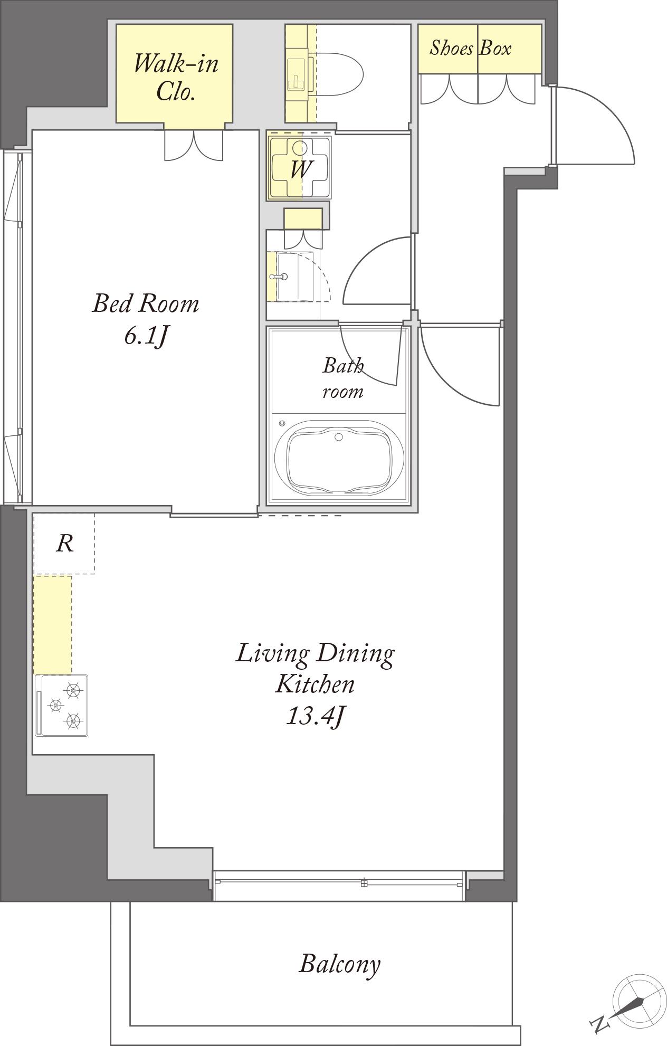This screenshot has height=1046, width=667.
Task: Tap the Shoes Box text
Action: [x=470, y=48]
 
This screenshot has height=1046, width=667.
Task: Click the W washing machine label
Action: [x=300, y=169]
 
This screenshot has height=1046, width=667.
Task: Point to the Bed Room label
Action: [x=146, y=303]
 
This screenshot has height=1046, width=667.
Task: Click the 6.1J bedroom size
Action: [x=146, y=335]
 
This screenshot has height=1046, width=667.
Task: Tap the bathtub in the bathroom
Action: [x=339, y=458]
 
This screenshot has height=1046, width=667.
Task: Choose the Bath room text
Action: [x=343, y=378]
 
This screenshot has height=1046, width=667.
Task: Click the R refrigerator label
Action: [x=64, y=543]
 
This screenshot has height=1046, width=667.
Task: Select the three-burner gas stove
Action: [x=61, y=705]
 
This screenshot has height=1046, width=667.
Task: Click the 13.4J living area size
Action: [x=316, y=716]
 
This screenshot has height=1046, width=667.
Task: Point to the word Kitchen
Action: [x=316, y=684]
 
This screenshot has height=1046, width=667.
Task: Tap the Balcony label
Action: [x=340, y=964]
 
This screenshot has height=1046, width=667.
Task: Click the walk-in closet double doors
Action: [x=194, y=144]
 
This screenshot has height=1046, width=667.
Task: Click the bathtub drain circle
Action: [x=339, y=436]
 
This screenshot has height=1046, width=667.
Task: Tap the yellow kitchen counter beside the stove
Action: [x=53, y=625]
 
